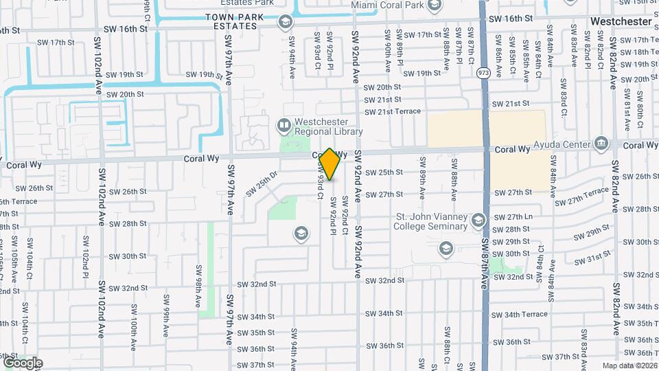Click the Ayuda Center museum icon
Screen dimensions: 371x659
point(602,144)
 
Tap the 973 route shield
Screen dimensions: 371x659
point(484,72)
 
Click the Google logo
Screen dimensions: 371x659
point(22,363)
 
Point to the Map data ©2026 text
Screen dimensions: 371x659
point(629,366)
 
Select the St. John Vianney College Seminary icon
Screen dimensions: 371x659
point(478,220)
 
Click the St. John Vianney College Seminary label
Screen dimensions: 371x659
point(431,221)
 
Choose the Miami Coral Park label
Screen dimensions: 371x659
point(386,5)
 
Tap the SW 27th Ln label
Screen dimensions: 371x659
point(519,216)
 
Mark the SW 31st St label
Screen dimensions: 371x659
point(593,258)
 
